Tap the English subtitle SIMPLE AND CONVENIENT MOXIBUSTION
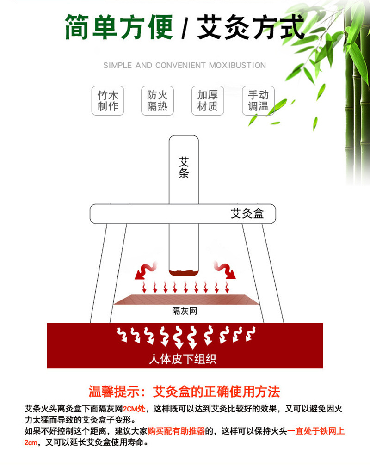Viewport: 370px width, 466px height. pos(185,65)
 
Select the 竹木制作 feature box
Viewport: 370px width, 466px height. pos(108,101)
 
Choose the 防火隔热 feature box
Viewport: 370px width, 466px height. pos(157,101)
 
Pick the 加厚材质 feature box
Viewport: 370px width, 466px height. pos(208,101)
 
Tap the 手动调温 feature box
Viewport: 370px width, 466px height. pos(258,101)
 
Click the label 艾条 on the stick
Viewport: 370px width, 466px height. pos(184,167)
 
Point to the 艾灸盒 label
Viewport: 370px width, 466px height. pos(247,214)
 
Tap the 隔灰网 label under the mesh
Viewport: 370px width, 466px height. pos(185,311)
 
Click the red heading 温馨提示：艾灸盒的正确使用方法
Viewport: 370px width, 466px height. pos(184,392)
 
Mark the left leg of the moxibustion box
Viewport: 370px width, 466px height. pos(99,273)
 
